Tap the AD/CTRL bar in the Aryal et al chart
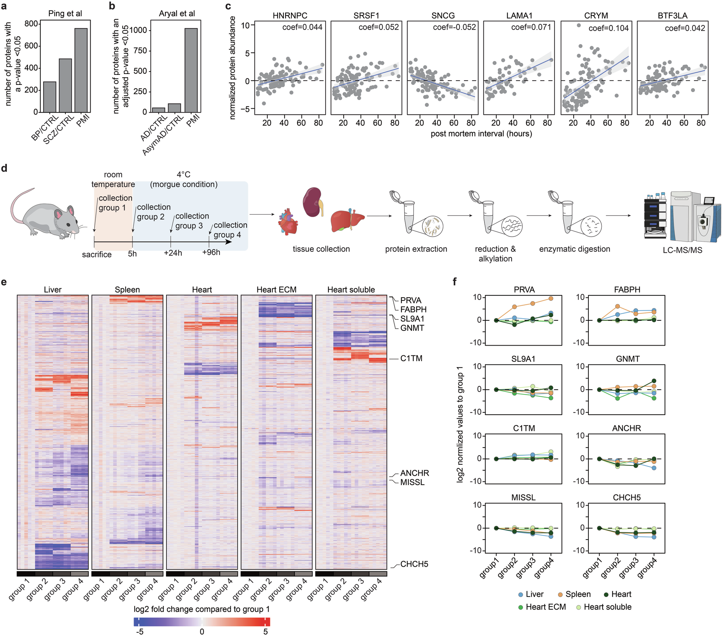(158, 110)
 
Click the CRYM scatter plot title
(596, 16)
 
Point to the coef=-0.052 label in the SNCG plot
(454, 27)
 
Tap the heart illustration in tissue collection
(288, 221)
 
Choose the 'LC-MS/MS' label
(682, 250)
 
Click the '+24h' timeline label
(173, 253)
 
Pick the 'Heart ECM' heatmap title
(276, 290)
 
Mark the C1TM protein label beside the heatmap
(411, 359)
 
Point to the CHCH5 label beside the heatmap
(414, 564)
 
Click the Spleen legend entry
(578, 594)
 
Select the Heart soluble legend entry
(607, 607)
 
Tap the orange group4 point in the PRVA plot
(551, 299)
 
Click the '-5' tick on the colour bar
(139, 632)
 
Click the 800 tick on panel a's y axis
(31, 24)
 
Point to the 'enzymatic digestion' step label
(574, 249)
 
